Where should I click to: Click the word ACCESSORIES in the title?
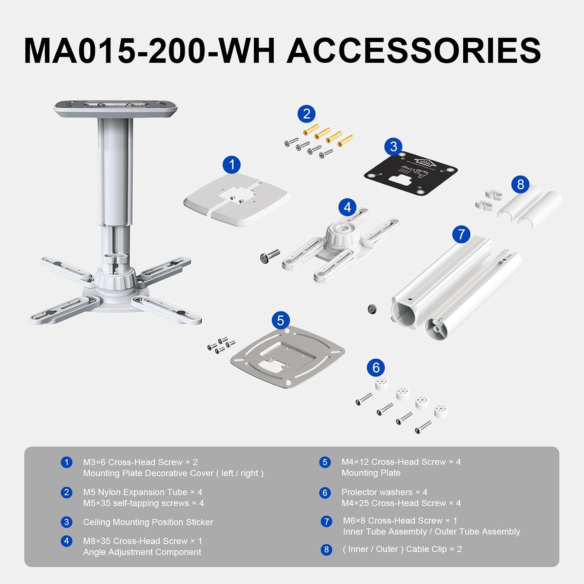[x=413, y=51]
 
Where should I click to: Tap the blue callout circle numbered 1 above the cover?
[x=232, y=165]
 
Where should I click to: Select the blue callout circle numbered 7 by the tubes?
[x=461, y=234]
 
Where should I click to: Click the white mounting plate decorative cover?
[x=237, y=199]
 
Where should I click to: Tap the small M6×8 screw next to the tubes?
[x=372, y=309]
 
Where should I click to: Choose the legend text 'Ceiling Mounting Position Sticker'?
[x=148, y=522]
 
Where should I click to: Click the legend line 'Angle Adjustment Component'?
[x=142, y=552]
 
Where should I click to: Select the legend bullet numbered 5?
[x=325, y=463]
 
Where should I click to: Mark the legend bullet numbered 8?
[x=326, y=550]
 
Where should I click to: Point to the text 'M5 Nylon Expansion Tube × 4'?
[x=142, y=492]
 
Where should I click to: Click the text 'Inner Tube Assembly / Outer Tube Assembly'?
[x=431, y=532]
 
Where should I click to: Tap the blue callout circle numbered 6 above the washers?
[x=376, y=368]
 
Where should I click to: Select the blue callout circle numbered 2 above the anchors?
[x=306, y=114]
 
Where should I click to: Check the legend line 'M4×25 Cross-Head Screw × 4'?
[x=401, y=503]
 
